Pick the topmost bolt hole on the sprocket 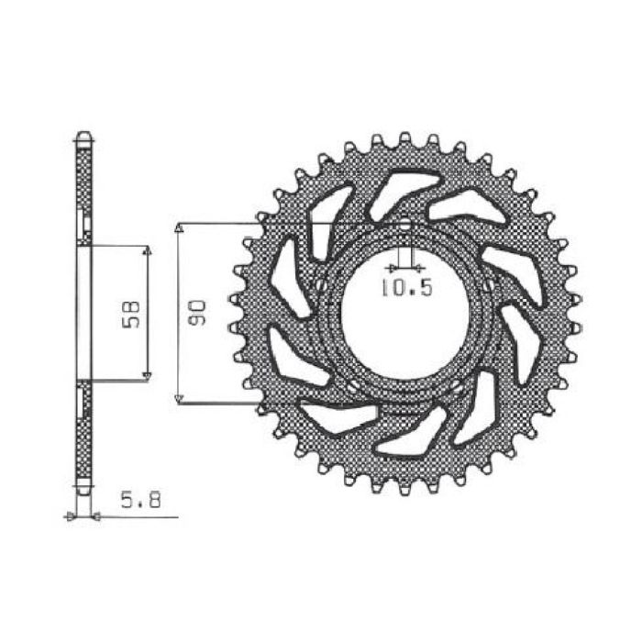(x=404, y=223)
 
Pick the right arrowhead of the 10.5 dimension (x=417, y=269)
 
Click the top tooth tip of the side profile (x=83, y=135)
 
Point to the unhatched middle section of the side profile (x=83, y=313)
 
